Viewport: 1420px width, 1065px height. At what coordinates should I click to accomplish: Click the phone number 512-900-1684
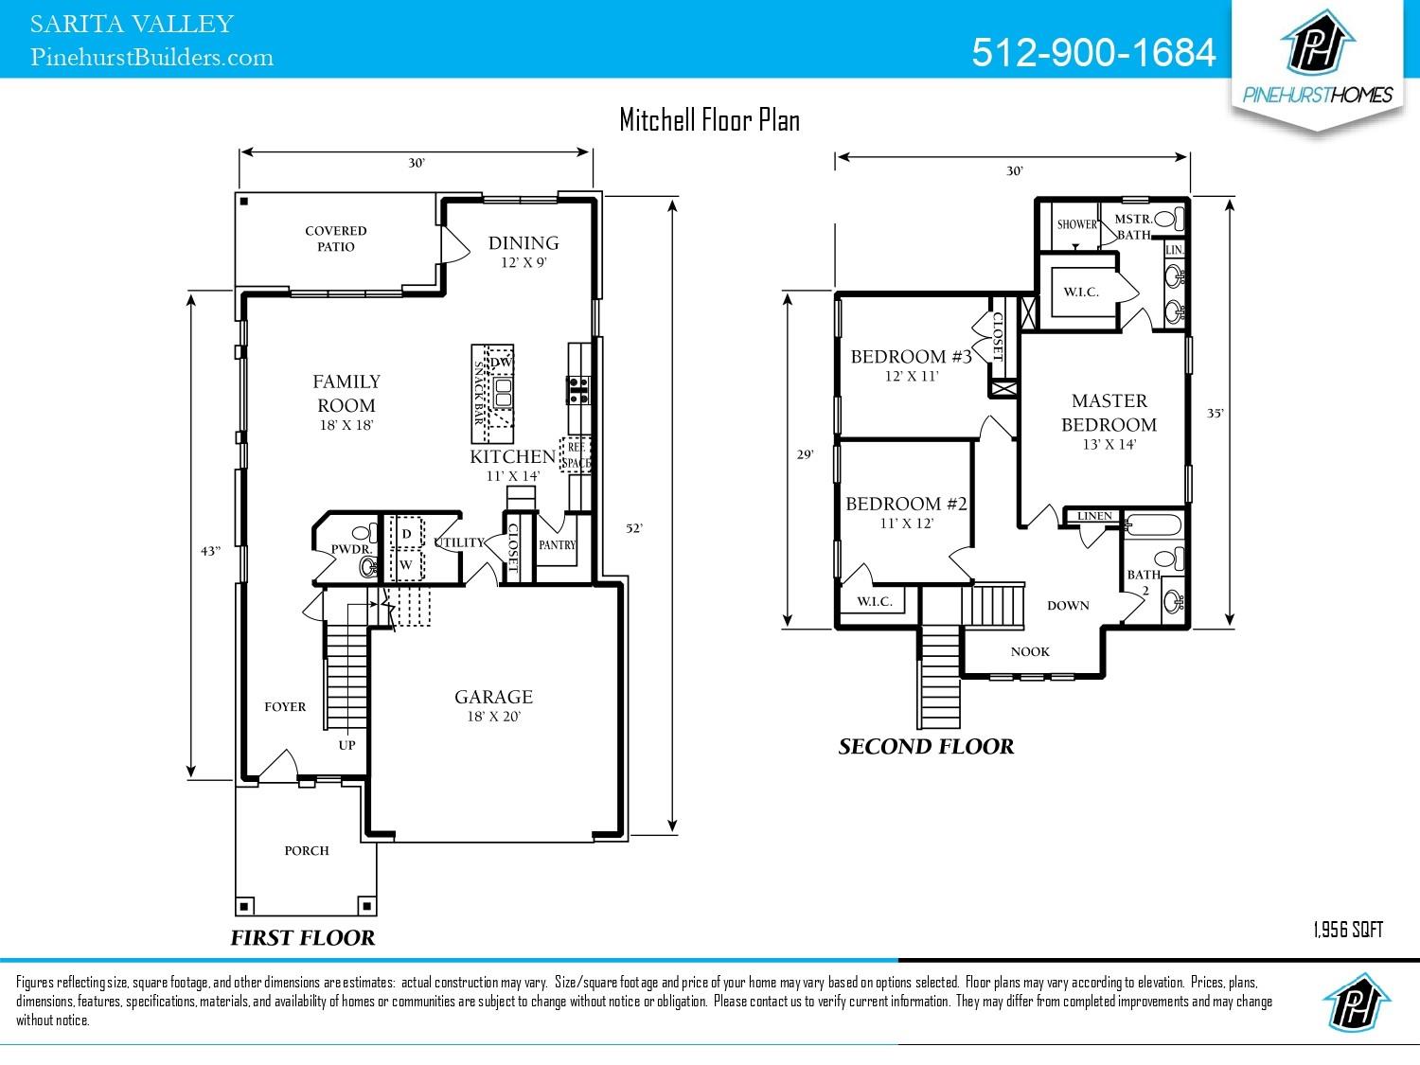tap(1093, 53)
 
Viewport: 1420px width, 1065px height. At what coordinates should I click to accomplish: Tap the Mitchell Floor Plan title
tap(709, 120)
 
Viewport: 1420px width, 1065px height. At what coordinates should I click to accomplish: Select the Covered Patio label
tap(335, 239)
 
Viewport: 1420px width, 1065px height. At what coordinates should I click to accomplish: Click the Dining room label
tap(524, 244)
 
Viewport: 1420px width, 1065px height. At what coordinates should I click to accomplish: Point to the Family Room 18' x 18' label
tap(346, 401)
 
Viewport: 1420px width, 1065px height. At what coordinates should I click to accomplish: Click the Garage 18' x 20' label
tap(493, 705)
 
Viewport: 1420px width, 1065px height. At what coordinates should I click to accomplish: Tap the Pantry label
tap(557, 545)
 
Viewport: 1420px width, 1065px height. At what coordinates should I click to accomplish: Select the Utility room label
tap(459, 543)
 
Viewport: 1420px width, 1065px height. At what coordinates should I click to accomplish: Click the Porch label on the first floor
tap(307, 851)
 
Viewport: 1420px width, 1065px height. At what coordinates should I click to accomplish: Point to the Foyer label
tap(285, 707)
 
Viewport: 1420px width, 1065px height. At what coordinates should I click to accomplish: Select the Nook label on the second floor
tap(1030, 652)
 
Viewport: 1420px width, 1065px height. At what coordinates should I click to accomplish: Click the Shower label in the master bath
tap(1077, 225)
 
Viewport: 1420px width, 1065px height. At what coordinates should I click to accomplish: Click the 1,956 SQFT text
tap(1348, 931)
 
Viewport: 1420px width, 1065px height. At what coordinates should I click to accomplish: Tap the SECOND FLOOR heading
tap(926, 747)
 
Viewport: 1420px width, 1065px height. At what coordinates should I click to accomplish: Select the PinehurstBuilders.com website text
tap(152, 58)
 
